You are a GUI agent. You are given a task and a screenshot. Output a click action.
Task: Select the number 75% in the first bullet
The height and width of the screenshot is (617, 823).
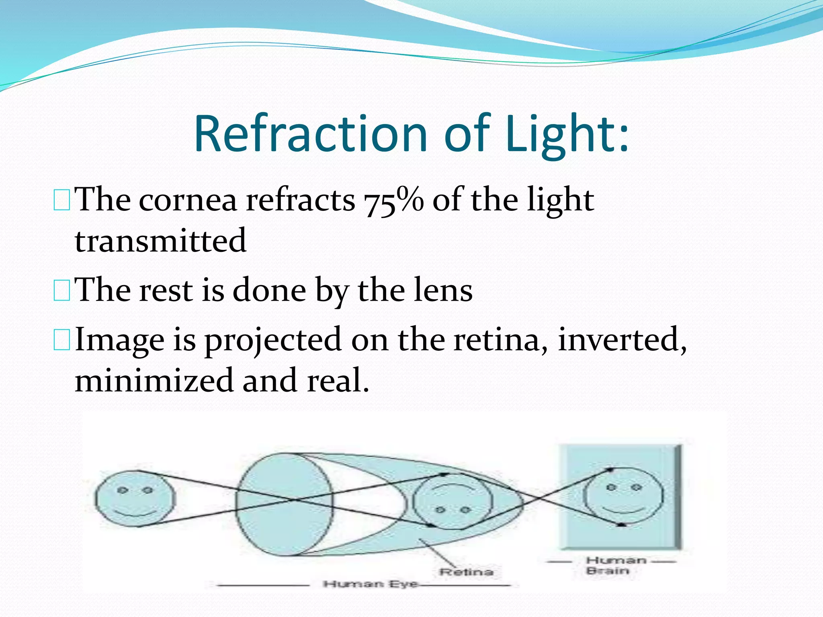[394, 200]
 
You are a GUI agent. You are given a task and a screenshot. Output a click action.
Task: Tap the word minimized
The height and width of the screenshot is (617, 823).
[154, 381]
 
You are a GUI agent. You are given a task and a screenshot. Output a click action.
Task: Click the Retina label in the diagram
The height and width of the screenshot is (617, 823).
[466, 572]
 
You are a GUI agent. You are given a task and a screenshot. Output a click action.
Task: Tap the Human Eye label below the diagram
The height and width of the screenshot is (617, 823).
[371, 584]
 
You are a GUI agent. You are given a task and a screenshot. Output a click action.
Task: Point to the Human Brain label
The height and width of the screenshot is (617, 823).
[615, 565]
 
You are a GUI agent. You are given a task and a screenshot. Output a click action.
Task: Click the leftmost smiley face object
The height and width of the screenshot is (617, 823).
[135, 499]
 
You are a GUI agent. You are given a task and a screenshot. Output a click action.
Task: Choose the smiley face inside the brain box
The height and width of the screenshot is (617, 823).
[623, 496]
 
